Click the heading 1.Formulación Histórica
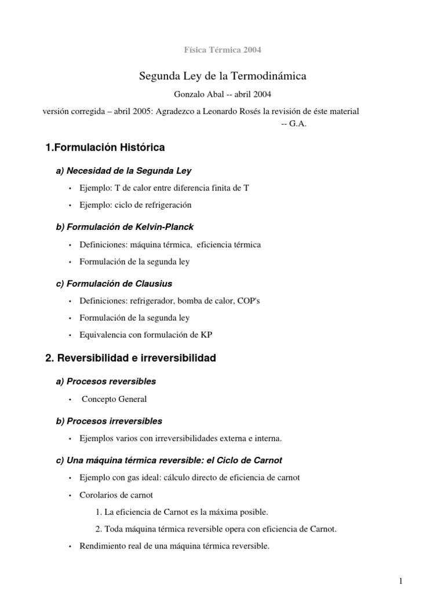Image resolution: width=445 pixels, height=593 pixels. point(105,148)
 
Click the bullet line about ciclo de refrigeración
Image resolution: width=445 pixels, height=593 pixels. point(134,204)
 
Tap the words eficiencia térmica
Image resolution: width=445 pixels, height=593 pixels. point(229,244)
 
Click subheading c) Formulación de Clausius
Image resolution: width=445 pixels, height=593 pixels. point(114,283)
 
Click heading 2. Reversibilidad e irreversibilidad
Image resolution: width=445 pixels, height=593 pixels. point(130,358)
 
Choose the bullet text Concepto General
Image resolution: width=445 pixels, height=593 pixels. point(114,398)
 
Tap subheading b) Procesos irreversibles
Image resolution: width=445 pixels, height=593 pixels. point(109,420)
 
